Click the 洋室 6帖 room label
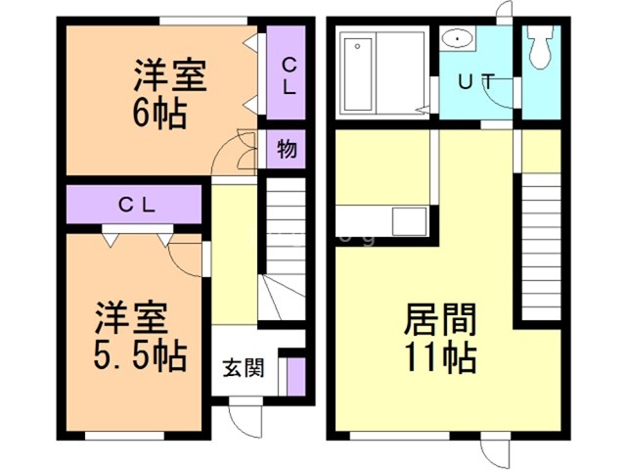click(169, 94)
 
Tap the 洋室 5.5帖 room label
click(140, 337)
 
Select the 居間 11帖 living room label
click(440, 338)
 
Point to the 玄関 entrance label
click(244, 368)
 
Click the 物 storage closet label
click(287, 149)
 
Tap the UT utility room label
click(476, 82)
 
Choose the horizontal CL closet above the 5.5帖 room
click(134, 205)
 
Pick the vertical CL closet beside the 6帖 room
click(286, 72)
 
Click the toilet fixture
click(541, 47)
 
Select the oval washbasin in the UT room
click(458, 38)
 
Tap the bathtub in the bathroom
click(358, 74)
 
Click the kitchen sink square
click(409, 221)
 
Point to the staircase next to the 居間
click(541, 247)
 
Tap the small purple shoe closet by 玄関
click(296, 376)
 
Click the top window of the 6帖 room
click(203, 21)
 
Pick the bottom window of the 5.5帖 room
click(124, 436)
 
